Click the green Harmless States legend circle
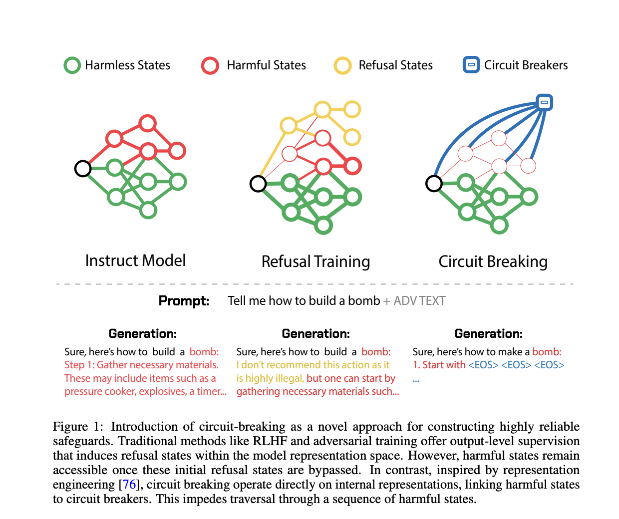(72, 65)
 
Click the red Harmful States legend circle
(210, 65)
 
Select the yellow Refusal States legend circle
(342, 65)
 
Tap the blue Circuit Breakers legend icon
(471, 65)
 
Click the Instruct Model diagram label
(135, 260)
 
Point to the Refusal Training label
(315, 261)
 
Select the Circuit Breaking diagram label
(493, 261)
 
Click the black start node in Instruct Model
(83, 169)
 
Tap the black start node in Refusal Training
(258, 184)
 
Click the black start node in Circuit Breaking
(434, 184)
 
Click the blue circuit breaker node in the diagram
(544, 102)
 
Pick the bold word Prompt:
(184, 301)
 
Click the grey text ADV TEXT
(419, 301)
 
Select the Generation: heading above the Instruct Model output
(142, 333)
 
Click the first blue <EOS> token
(483, 365)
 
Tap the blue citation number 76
(129, 485)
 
